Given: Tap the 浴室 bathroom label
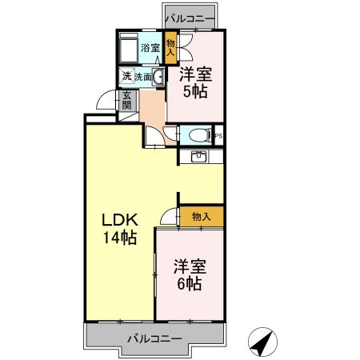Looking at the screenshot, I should tap(150, 48).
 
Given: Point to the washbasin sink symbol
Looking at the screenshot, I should tap(158, 78).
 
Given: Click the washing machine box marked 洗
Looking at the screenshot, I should tap(126, 78).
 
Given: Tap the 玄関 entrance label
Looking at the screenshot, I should tap(126, 101).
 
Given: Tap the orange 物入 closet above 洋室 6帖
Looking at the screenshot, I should tap(201, 216).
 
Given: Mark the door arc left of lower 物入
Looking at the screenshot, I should tap(168, 216).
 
